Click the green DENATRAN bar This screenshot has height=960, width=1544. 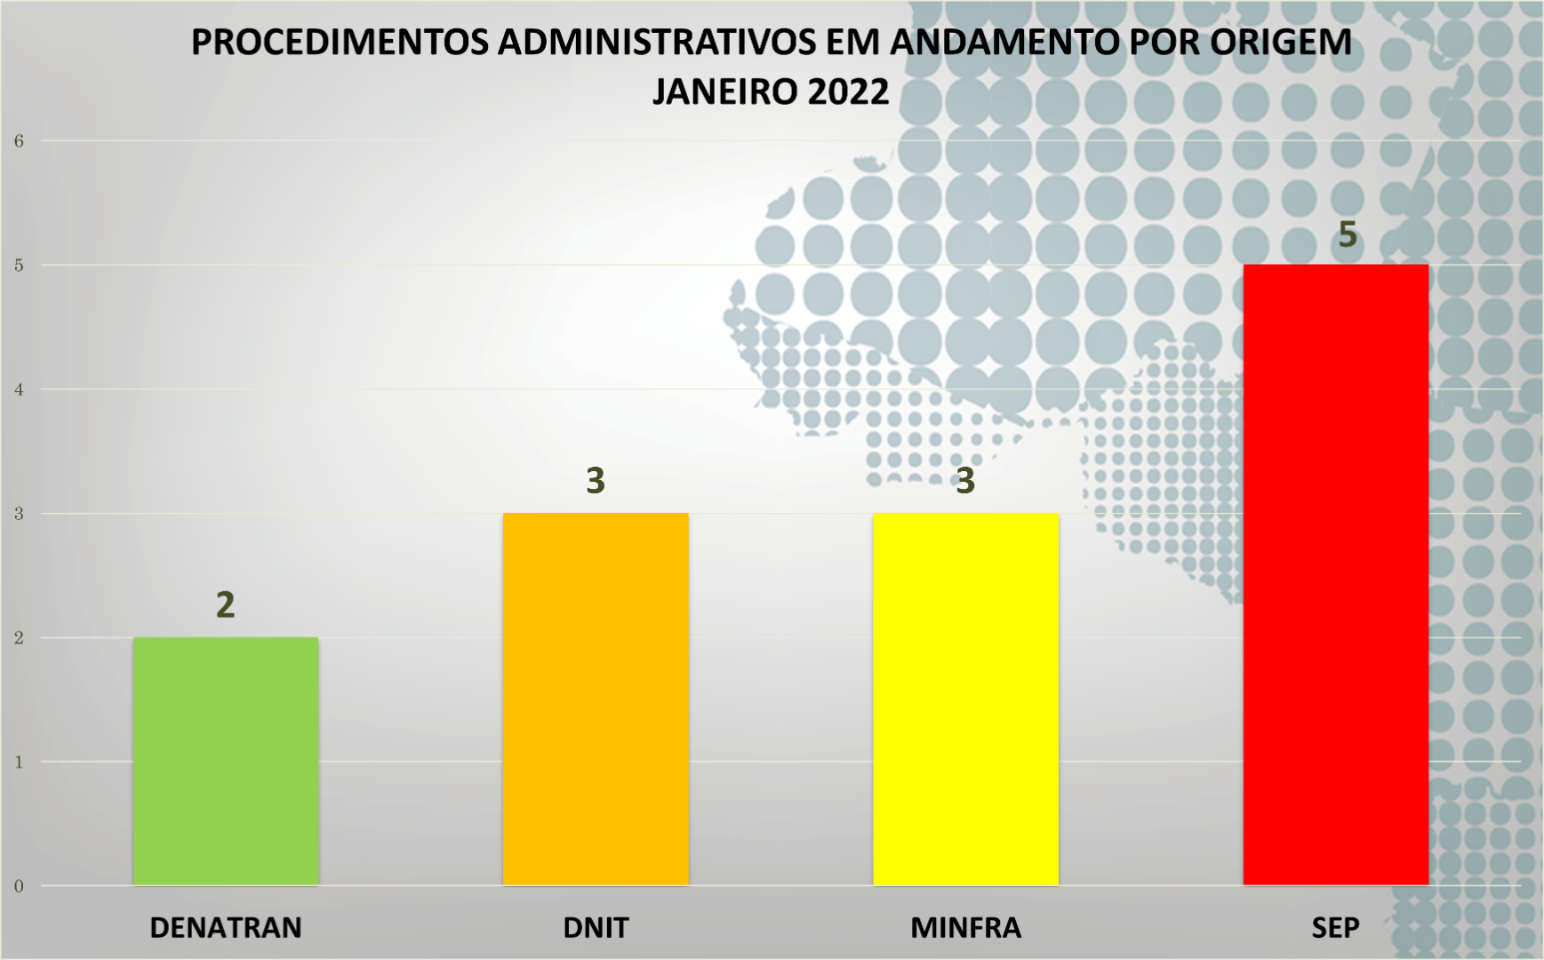click(x=226, y=761)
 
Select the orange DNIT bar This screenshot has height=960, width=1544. click(x=596, y=699)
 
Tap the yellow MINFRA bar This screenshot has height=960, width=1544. click(x=965, y=699)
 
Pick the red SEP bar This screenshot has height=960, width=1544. click(x=1335, y=574)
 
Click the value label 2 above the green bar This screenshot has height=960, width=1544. click(x=226, y=605)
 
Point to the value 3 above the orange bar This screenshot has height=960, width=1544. click(x=596, y=481)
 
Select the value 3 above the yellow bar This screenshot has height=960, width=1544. click(x=965, y=481)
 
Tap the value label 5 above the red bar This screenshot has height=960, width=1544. click(x=1348, y=235)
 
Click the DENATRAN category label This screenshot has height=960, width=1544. click(x=226, y=928)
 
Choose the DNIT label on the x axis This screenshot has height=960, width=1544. click(x=596, y=928)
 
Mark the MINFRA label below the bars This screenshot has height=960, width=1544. click(x=965, y=928)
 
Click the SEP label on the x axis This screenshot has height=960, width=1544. click(x=1335, y=928)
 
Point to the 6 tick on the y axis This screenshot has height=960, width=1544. click(x=19, y=140)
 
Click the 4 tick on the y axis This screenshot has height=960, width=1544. click(x=19, y=389)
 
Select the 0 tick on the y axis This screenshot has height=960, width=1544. click(x=19, y=886)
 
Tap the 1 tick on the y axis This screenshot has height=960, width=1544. click(x=19, y=762)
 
